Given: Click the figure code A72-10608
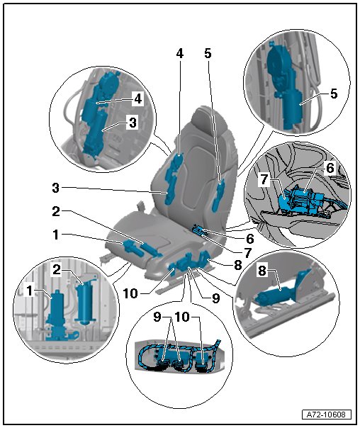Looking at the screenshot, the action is (x=326, y=415).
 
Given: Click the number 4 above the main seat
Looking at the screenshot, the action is (x=179, y=54).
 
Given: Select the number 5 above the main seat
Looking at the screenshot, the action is (x=208, y=54).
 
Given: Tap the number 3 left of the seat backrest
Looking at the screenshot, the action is (x=56, y=188).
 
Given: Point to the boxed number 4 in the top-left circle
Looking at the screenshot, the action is (x=138, y=98).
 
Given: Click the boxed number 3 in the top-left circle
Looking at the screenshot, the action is (x=133, y=123).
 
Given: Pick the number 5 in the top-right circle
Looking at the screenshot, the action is (x=334, y=94).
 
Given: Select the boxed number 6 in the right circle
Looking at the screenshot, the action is (x=330, y=168).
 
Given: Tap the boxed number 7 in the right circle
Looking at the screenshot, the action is (x=264, y=180).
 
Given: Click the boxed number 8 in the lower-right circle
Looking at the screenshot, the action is (x=262, y=271).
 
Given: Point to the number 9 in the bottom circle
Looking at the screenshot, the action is (x=157, y=317).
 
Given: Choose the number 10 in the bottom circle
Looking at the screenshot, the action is (x=182, y=317).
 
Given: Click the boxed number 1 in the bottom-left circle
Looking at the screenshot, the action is (x=30, y=291).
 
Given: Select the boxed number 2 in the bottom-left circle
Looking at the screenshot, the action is (x=57, y=270).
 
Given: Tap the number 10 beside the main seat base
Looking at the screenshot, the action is (x=130, y=293).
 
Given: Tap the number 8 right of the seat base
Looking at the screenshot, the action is (x=237, y=265).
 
